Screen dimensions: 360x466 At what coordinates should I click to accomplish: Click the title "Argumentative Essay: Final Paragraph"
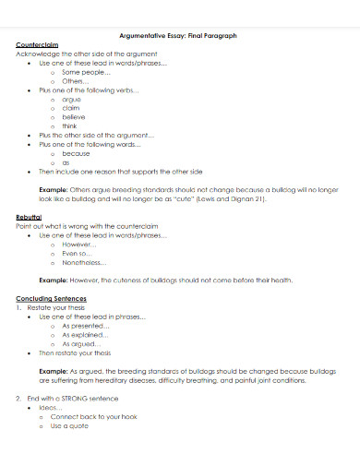pos(179,36)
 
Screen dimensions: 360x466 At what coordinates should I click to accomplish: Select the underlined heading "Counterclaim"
pos(38,45)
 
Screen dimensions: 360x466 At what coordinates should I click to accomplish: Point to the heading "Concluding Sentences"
pos(52,299)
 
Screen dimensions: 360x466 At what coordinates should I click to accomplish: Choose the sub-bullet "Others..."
pos(76,81)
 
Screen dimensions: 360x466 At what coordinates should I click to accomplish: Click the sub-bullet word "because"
pos(77,153)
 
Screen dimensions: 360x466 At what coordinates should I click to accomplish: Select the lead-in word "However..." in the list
pos(79,245)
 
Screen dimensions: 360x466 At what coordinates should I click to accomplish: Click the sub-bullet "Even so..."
pos(78,253)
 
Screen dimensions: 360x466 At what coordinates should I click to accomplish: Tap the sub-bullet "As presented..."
pos(85,326)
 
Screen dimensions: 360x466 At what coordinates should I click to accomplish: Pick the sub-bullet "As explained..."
pos(85,335)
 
